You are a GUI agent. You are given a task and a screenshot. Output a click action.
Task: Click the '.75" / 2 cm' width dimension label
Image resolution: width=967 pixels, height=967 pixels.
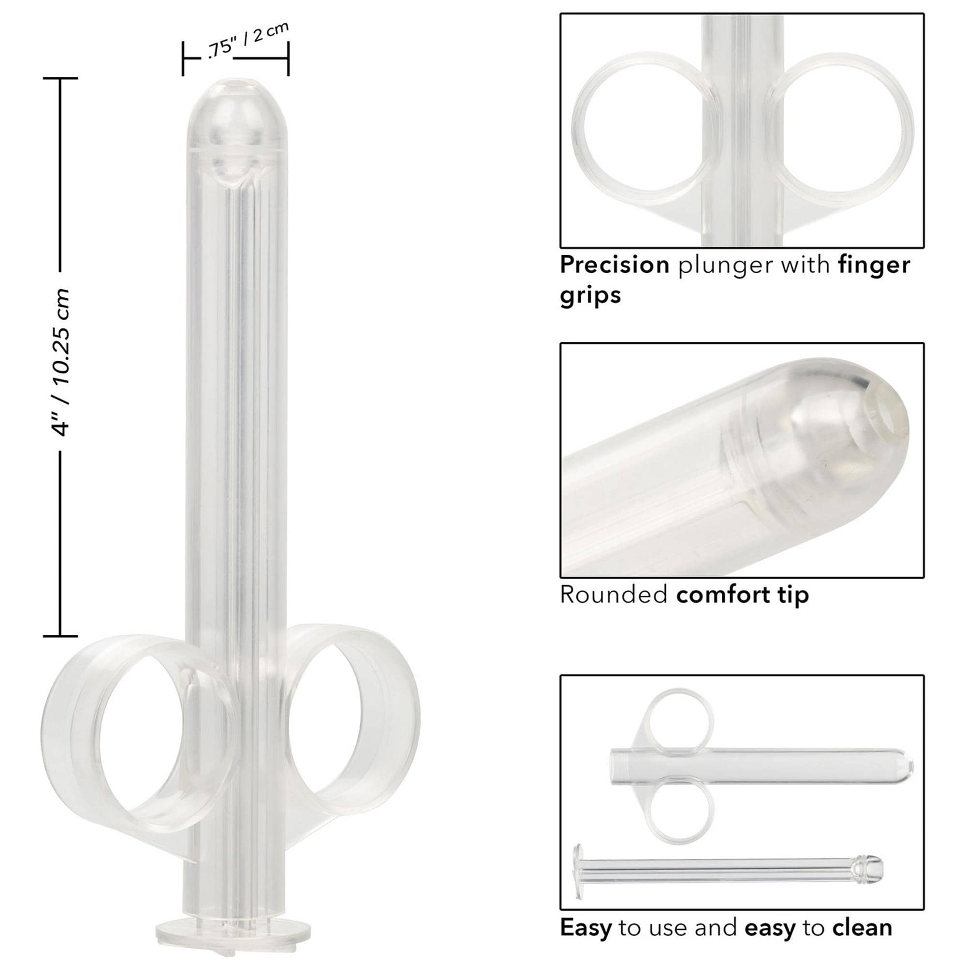pyautogui.click(x=248, y=41)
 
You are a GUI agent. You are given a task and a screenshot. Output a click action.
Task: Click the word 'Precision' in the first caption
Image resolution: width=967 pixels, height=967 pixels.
pyautogui.click(x=615, y=265)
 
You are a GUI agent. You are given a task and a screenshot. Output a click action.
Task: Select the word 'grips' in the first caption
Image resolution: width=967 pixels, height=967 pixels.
pyautogui.click(x=590, y=295)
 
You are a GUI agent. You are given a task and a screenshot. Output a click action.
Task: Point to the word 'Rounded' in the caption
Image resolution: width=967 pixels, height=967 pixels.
pyautogui.click(x=614, y=595)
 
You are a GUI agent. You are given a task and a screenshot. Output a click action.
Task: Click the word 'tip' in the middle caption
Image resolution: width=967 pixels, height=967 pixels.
pyautogui.click(x=792, y=596)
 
